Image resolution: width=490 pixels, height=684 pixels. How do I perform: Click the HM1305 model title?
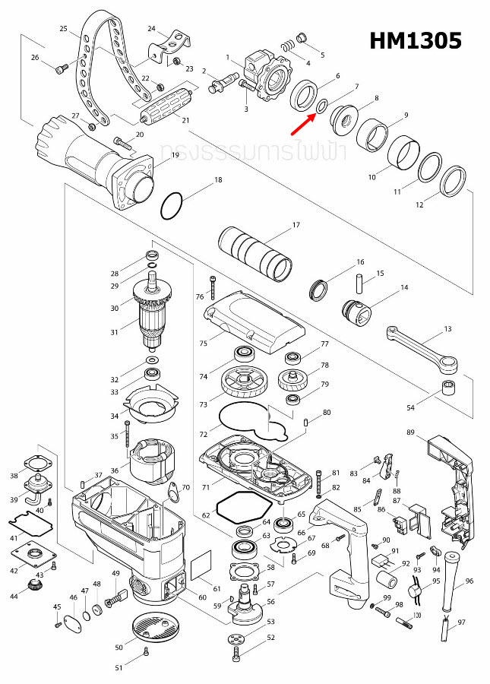pyautogui.click(x=415, y=40)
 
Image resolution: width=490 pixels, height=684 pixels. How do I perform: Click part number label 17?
pyautogui.click(x=296, y=225)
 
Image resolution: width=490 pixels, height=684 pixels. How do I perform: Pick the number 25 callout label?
pyautogui.click(x=64, y=28)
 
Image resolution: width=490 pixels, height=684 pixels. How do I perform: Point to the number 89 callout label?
pyautogui.click(x=410, y=432)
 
